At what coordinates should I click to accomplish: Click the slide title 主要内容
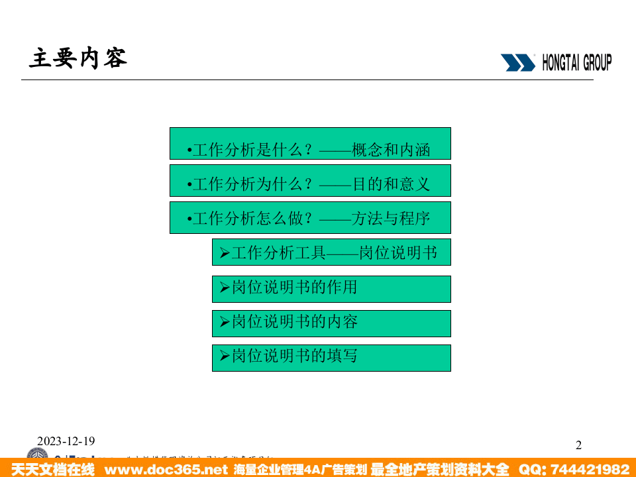(78, 59)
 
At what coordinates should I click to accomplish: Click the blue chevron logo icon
(517, 63)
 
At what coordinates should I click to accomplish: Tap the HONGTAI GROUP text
(576, 63)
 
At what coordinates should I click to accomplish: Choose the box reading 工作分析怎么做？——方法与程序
(310, 218)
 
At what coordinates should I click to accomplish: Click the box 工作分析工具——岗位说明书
(331, 252)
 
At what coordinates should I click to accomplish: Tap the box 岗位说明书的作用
(331, 289)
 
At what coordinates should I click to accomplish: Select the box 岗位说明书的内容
(331, 323)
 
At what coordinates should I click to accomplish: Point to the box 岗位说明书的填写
(331, 358)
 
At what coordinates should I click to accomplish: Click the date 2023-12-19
(66, 441)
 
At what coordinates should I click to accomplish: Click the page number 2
(578, 445)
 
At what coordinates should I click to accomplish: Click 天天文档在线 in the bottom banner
(53, 470)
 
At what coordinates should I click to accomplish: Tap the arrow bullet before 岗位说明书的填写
(224, 356)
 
